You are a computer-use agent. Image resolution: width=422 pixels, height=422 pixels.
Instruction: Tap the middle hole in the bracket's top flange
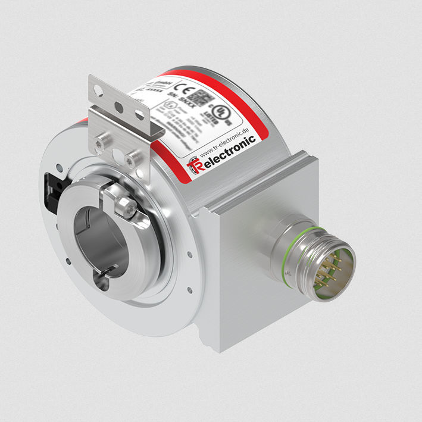[120, 107]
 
